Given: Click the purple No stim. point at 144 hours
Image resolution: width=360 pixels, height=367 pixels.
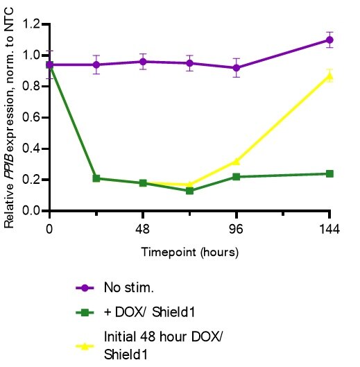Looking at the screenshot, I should pos(329,40).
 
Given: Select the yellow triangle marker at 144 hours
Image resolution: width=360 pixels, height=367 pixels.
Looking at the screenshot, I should pos(329,76).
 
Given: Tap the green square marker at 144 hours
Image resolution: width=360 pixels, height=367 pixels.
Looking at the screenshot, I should pos(329,173).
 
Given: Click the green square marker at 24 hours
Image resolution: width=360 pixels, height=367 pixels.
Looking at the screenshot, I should pos(96,178).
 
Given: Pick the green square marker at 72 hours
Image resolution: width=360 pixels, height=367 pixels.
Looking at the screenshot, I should pos(189,191).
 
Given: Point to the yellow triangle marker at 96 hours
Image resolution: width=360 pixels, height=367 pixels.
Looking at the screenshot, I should pos(237,161).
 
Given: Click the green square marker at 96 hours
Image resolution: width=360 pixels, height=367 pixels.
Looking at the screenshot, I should pos(237,177).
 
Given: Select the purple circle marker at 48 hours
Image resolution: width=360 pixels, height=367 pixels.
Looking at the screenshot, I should pos(143,62).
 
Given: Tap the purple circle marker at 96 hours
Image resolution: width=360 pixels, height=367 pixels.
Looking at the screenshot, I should pos(237,68).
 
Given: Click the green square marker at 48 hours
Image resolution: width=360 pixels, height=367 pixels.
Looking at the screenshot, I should pos(143,183).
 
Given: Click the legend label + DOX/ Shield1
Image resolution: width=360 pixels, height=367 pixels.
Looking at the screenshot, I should pos(139,312).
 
